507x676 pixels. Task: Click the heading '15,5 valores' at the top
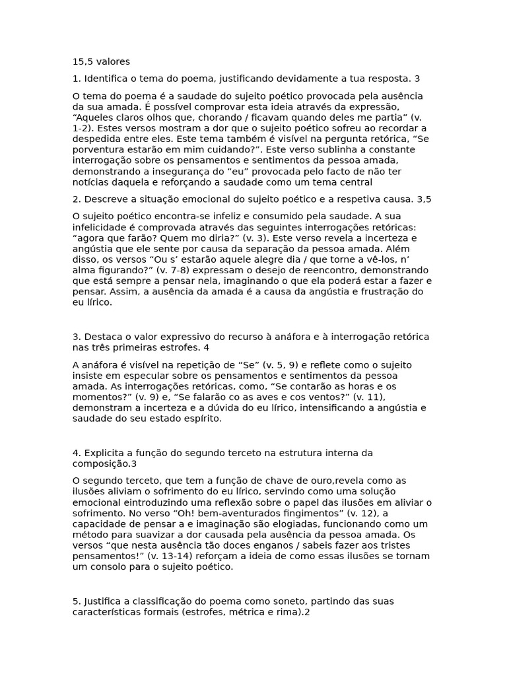point(101,62)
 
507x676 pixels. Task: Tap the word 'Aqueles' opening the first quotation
point(93,117)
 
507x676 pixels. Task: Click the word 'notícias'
point(90,182)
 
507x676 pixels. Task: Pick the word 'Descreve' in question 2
point(106,199)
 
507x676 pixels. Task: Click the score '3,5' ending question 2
point(424,199)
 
